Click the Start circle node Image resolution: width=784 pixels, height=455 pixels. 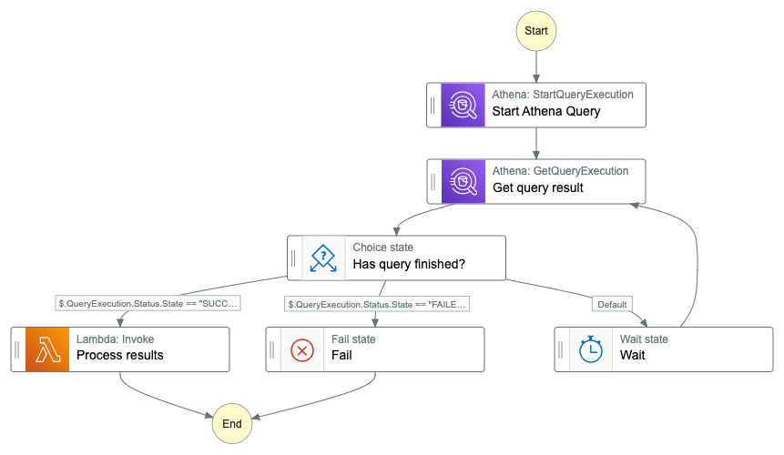[x=536, y=31]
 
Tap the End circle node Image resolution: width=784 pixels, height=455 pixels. [x=232, y=423]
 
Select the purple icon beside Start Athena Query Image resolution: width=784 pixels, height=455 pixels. [x=463, y=105]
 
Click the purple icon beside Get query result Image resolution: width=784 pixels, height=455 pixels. [x=463, y=181]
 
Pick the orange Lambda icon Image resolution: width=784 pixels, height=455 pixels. [x=47, y=349]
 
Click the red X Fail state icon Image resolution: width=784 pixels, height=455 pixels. [x=302, y=350]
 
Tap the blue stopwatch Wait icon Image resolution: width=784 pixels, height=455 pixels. [x=590, y=349]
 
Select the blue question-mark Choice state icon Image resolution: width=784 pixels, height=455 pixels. [x=323, y=258]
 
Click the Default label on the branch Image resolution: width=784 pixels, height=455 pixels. [x=612, y=304]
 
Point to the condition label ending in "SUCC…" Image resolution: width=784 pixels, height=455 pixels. [x=148, y=303]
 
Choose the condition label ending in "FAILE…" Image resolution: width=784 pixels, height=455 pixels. [x=377, y=304]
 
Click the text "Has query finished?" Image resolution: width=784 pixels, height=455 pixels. [x=409, y=264]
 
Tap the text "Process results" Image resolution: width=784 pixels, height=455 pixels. [x=120, y=355]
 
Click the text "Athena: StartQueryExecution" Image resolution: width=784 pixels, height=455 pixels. [x=563, y=95]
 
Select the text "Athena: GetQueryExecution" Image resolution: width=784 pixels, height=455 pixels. [x=561, y=171]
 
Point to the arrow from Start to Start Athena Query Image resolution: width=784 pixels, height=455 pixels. [x=536, y=67]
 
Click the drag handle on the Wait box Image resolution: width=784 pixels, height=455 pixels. [x=561, y=349]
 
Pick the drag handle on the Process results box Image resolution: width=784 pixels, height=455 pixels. [x=16, y=349]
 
